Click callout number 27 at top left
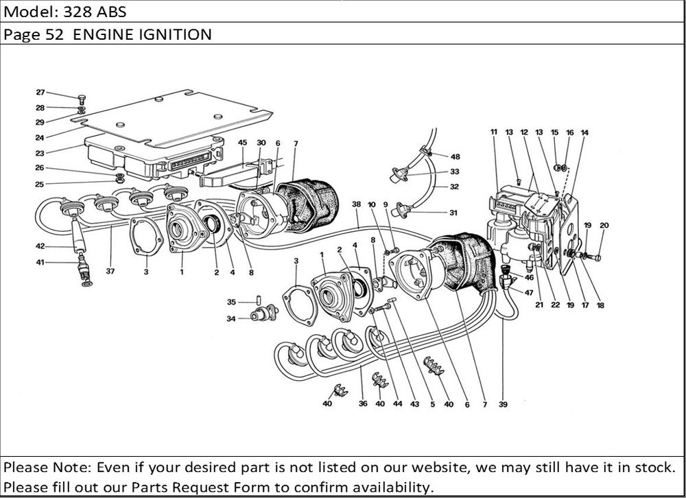[x=40, y=92]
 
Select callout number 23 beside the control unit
[x=40, y=154]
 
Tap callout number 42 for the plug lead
[x=40, y=246]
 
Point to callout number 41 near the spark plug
[x=40, y=262]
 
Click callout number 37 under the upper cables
[x=110, y=272]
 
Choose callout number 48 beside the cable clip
[x=456, y=156]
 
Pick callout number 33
[x=454, y=172]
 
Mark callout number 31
[x=453, y=212]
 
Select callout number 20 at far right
[x=604, y=225]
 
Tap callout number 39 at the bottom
[x=503, y=405]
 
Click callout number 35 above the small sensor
[x=231, y=301]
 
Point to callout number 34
[x=231, y=318]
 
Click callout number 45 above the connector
[x=242, y=142]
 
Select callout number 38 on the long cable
[x=356, y=204]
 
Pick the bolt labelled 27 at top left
[x=82, y=98]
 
